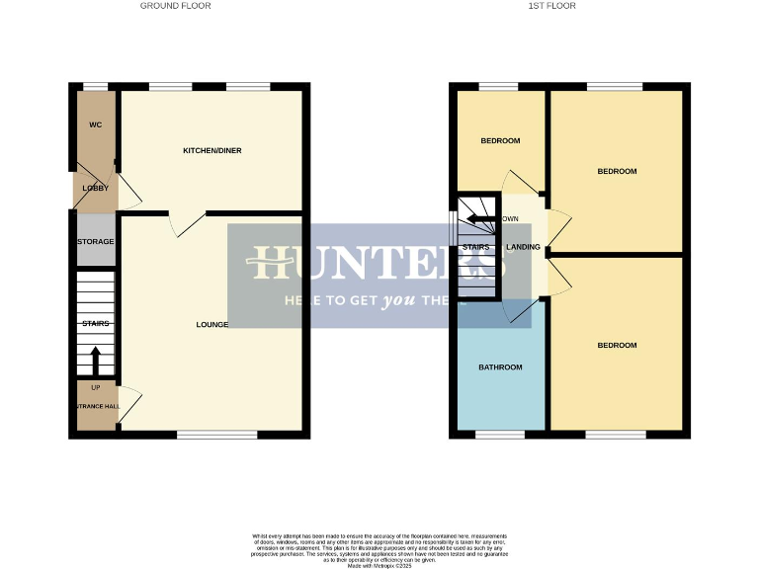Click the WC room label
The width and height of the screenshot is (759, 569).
point(96,124)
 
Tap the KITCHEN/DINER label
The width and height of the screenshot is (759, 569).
point(212,150)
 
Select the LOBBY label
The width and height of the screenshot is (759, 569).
point(95,188)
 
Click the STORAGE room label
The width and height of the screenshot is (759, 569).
point(96,241)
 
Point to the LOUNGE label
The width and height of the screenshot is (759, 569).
point(212,324)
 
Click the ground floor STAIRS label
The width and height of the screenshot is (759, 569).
point(96,323)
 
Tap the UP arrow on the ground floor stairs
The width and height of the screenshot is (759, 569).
point(96,362)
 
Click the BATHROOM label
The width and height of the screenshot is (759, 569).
point(500,367)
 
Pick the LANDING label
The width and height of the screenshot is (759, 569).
point(524,247)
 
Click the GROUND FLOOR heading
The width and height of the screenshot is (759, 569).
point(175,6)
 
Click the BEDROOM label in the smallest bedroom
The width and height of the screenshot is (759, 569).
point(500,140)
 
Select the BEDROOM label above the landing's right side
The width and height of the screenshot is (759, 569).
point(617,171)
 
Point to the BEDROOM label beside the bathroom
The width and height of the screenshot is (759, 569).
point(617,345)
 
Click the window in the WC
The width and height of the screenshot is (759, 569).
point(96,87)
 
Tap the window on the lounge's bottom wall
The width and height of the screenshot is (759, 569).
point(217,434)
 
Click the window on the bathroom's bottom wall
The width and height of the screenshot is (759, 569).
point(500,434)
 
